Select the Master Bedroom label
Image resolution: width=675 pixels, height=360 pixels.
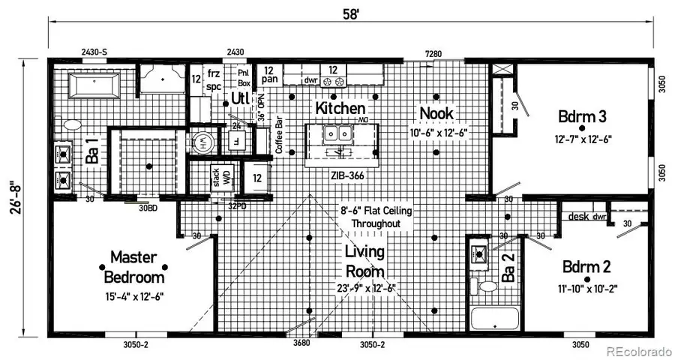134,268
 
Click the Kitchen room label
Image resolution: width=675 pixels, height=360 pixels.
340,108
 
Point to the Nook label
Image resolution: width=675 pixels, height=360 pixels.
437,112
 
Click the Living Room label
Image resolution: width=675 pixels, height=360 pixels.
365,261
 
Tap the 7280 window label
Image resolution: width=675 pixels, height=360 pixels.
433,53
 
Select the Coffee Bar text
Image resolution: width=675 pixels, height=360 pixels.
278,136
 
